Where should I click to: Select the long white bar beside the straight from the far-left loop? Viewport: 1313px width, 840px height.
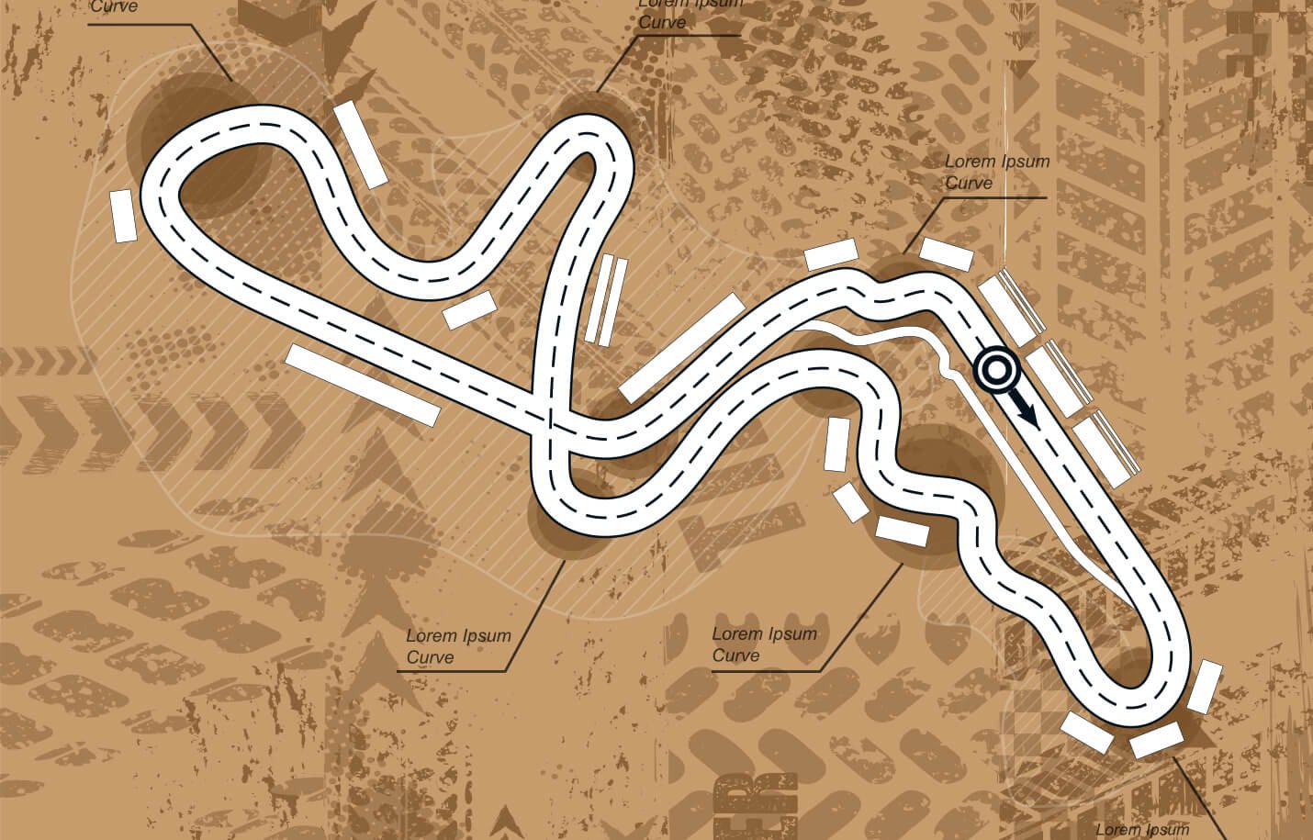coord(363,385)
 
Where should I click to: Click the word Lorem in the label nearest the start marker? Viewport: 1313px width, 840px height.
coord(970,162)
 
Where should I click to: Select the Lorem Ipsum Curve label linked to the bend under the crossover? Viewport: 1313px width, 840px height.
coord(458,645)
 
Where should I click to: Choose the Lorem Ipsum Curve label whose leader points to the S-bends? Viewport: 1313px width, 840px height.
coord(764,644)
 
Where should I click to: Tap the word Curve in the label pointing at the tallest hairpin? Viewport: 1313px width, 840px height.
coord(662,22)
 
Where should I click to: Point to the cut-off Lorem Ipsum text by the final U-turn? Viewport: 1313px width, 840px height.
coord(1143,830)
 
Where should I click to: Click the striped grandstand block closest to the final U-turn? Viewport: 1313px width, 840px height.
coord(1105,449)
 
